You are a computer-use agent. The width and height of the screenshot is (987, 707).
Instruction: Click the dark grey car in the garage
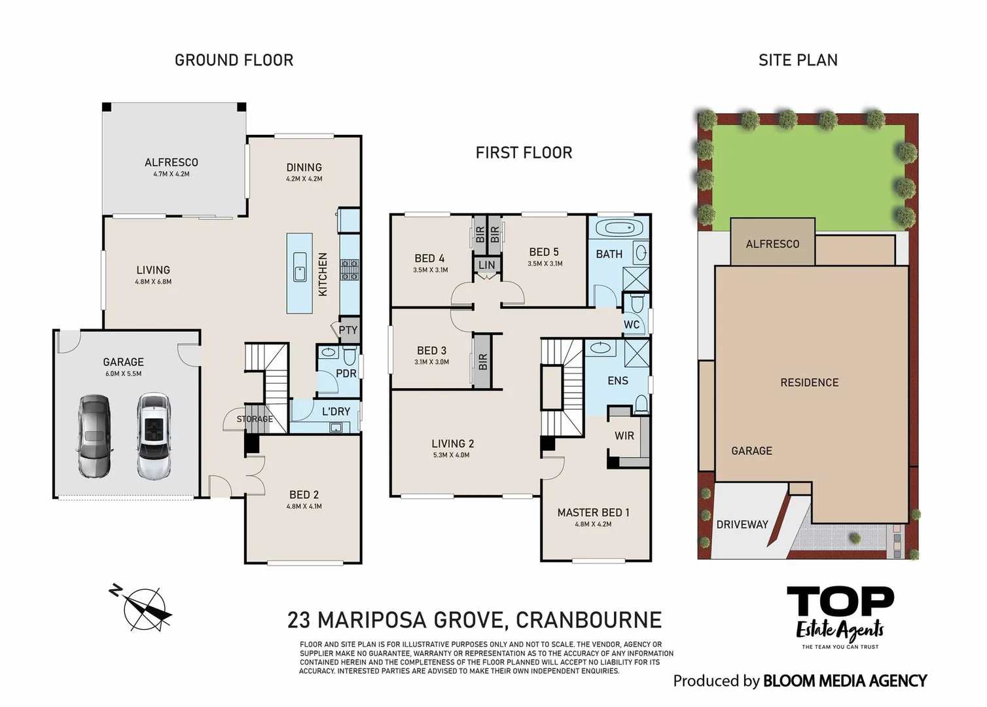pos(94,436)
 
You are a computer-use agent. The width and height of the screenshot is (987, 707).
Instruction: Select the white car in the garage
pos(153,436)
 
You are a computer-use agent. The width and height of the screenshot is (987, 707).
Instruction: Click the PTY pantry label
pos(348,330)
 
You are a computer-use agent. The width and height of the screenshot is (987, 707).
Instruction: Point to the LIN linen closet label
pos(487,265)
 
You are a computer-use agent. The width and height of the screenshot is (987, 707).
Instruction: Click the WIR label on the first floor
pos(624,436)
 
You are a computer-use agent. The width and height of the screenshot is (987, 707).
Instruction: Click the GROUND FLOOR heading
pos(234,60)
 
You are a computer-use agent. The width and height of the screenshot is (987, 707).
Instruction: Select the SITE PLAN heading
pos(798,60)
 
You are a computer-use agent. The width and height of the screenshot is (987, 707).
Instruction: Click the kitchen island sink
pos(300,266)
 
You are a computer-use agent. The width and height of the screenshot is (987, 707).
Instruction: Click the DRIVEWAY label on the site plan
pos(742,524)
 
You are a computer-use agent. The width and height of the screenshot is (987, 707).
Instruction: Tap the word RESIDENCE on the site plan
pos(810,382)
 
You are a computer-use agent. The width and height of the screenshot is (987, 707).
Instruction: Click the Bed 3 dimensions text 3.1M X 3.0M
pos(431,362)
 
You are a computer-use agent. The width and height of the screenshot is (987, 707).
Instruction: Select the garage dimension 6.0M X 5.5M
pos(123,374)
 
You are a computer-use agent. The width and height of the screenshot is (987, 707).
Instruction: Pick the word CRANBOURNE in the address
pos(588,620)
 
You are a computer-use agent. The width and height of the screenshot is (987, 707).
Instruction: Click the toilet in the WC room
pos(637,302)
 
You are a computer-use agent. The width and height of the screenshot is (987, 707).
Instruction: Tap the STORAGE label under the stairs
pos(255,419)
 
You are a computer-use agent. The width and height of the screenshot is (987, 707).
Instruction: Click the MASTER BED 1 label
pos(593,513)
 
